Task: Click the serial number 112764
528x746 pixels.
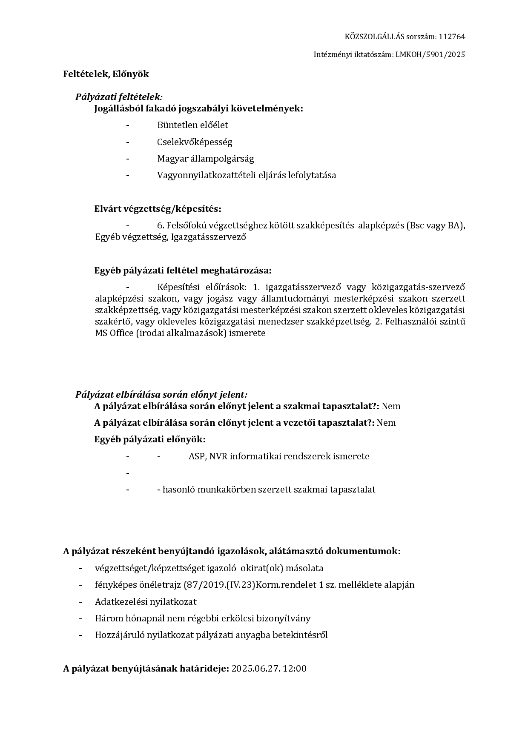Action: pos(452,37)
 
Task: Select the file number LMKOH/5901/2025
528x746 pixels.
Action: pos(430,54)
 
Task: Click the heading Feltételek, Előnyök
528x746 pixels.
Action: pos(106,74)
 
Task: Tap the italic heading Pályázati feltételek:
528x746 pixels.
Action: pos(119,97)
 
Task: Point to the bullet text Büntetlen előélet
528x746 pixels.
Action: pos(192,125)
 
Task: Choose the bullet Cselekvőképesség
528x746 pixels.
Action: pos(195,142)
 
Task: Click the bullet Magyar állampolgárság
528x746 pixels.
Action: pos(205,159)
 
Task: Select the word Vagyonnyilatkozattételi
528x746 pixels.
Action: pos(206,175)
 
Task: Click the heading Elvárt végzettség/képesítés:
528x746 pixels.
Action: pos(158,209)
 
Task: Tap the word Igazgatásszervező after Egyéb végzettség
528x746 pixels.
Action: pos(209,237)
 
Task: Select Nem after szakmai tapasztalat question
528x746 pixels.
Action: pos(391,406)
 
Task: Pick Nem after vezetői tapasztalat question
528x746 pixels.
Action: pos(386,423)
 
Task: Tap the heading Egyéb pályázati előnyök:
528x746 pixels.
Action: pos(149,439)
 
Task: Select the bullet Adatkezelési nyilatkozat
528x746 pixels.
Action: pos(146,602)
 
